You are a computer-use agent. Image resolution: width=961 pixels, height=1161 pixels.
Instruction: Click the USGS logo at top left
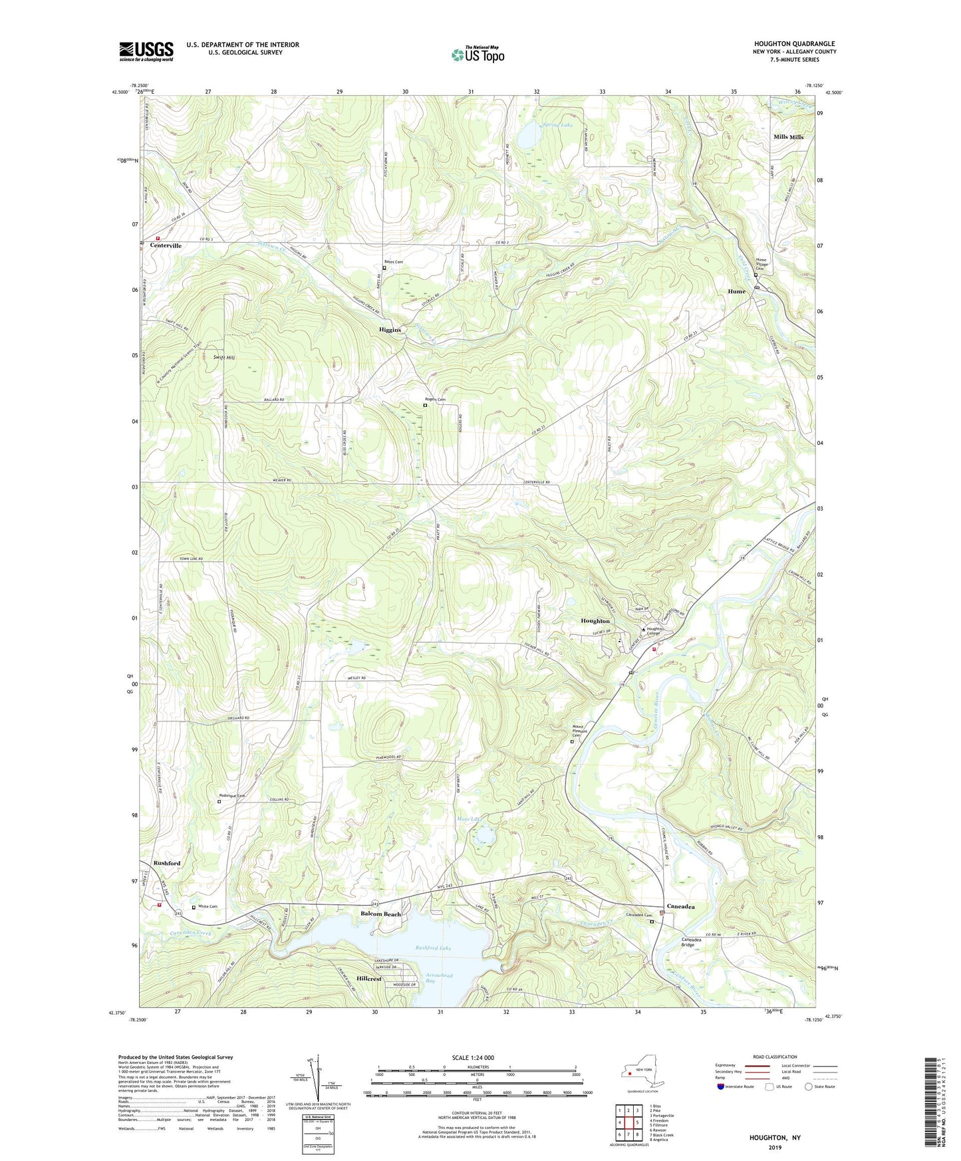coord(146,51)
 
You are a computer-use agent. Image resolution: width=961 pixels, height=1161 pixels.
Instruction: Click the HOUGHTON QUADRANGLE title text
coord(791,43)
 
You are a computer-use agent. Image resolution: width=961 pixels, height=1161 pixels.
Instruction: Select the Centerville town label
coord(166,245)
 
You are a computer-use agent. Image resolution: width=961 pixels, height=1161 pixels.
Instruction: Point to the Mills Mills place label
coord(788,137)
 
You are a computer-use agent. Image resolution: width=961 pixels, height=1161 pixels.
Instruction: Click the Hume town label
coord(736,291)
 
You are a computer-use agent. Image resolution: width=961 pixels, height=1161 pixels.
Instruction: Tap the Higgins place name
coord(390,330)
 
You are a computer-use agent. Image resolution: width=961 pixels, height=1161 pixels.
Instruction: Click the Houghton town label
coord(595,621)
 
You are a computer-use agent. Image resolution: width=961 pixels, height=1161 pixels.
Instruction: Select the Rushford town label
coord(167,863)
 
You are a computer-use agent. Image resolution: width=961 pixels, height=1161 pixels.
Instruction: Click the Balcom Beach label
coord(381,914)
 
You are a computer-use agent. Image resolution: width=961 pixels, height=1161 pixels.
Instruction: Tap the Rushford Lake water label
coord(434,948)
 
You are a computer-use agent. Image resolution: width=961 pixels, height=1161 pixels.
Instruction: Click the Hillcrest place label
coord(369,979)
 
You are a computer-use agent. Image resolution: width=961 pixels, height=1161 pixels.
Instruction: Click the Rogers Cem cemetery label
coord(435,399)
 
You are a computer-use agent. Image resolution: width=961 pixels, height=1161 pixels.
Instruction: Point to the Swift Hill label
coord(224,358)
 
